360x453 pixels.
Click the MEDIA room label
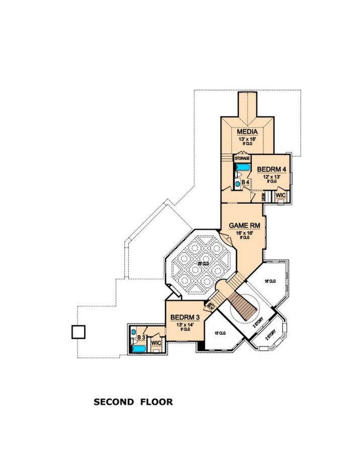click(247, 132)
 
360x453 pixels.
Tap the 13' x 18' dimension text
click(247, 139)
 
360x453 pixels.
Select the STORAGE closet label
click(242, 158)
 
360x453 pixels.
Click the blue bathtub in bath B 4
click(243, 167)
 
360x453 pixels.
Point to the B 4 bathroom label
click(245, 182)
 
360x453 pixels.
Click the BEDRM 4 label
click(271, 170)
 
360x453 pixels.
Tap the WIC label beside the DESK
click(280, 195)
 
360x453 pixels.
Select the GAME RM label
click(244, 226)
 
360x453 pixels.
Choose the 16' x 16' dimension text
click(244, 233)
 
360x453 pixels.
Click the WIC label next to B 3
click(156, 343)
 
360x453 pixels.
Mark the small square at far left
click(79, 332)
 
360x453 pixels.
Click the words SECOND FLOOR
click(133, 402)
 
